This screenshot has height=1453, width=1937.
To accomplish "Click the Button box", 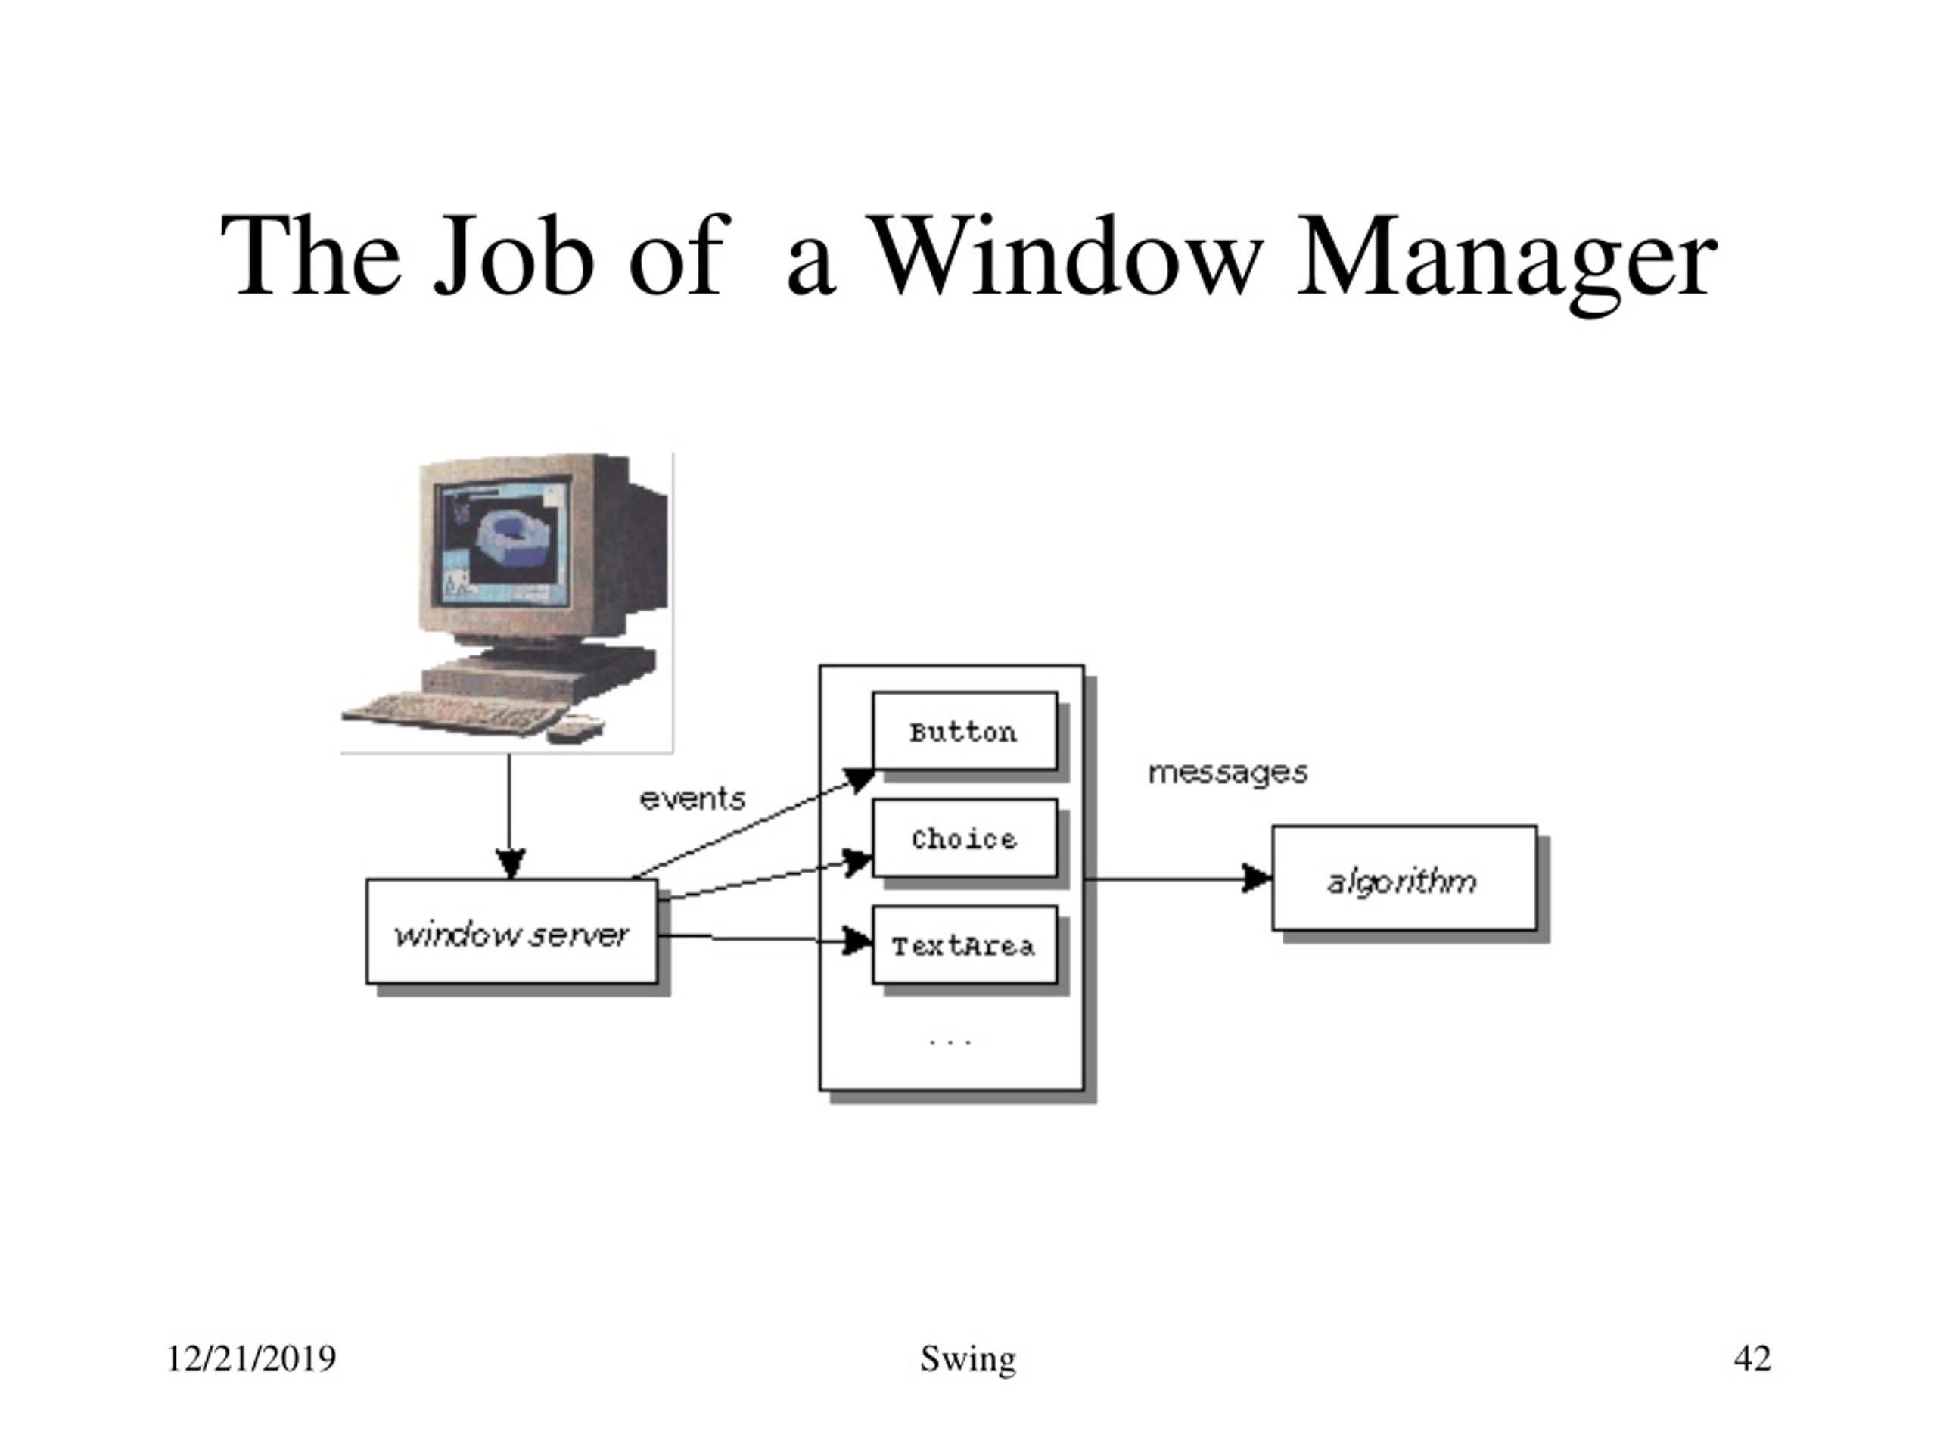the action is pos(964,731).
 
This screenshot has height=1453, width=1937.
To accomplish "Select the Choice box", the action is pos(964,839).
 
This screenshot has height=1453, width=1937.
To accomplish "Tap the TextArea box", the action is pos(964,945).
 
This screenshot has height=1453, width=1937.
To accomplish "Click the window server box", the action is pos(511,932).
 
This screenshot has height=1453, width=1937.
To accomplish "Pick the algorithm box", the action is pos(1404,878).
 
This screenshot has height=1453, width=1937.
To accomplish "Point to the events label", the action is pos(692,798).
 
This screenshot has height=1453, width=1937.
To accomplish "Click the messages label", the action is pos(1228,773).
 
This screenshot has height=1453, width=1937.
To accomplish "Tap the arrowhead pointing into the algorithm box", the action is pos(1258,879).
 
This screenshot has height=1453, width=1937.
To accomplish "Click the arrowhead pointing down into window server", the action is pos(511,863).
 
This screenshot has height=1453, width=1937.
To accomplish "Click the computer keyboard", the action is pos(452,711).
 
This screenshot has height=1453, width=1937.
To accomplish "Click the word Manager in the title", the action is pos(1506,261).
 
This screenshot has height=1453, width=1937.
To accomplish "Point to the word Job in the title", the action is pos(514,256).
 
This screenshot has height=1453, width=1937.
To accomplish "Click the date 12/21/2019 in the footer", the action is pos(251,1358).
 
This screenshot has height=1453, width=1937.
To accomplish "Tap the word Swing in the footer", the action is pos(968,1360).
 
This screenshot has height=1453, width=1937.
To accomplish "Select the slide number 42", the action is pos(1753,1358).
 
